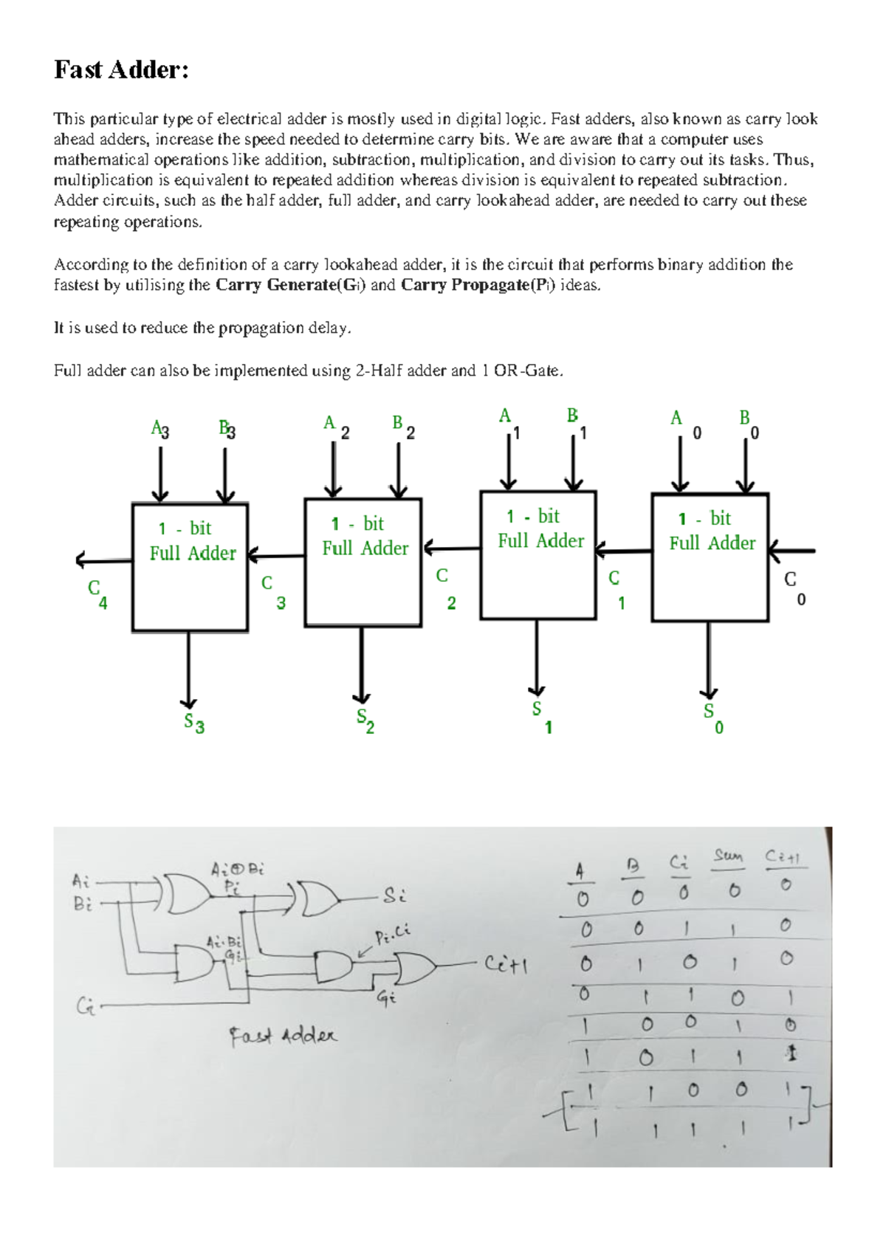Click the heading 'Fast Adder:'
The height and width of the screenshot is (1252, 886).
[122, 70]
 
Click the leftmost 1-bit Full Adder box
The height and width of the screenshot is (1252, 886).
[190, 567]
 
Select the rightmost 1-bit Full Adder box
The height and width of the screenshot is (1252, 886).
[710, 557]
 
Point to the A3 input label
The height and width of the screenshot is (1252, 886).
[159, 430]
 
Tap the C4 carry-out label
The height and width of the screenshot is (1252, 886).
[97, 594]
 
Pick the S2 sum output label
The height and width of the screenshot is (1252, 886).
[365, 720]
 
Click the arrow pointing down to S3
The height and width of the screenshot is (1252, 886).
[189, 668]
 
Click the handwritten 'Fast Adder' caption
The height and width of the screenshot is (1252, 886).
[282, 1036]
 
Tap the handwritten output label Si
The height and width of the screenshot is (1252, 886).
[394, 896]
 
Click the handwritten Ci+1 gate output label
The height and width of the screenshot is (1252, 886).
[506, 964]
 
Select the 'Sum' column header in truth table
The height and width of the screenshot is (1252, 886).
[728, 856]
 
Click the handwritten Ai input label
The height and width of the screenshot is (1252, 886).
[81, 881]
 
